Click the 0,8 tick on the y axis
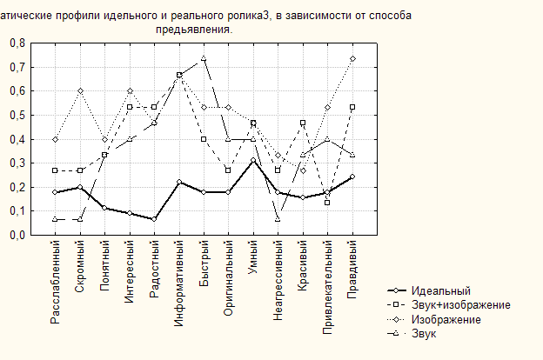click(17, 43)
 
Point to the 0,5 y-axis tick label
click(17, 116)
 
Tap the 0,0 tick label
click(17, 236)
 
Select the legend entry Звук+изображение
click(462, 305)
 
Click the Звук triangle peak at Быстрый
click(204, 58)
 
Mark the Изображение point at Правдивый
click(352, 58)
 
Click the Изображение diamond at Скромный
click(80, 90)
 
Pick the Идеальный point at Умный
click(253, 160)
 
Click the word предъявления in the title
click(194, 29)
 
